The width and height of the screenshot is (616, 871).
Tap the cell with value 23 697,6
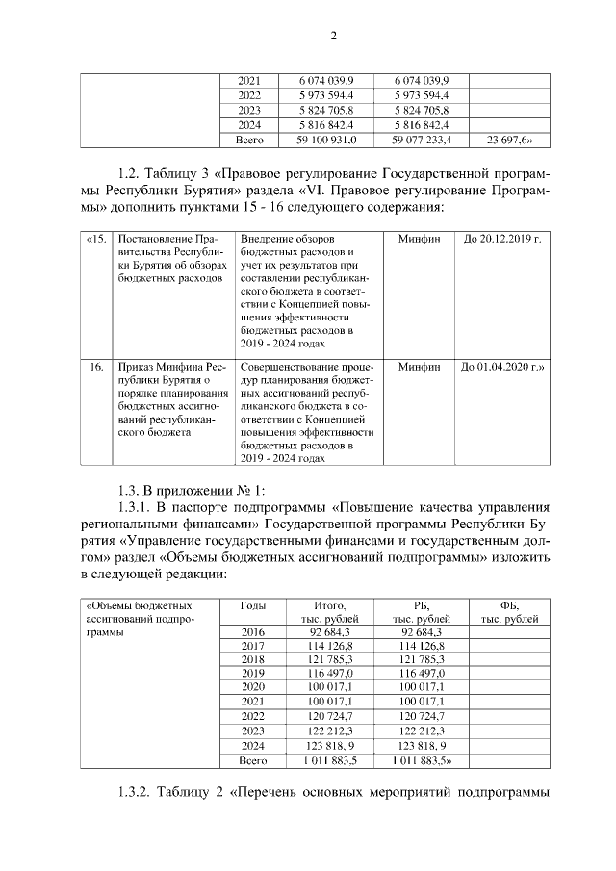tap(509, 140)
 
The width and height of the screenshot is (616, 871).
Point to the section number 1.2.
tap(132, 174)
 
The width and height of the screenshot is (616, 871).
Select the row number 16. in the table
tap(95, 367)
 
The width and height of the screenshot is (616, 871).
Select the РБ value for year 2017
tap(419, 645)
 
